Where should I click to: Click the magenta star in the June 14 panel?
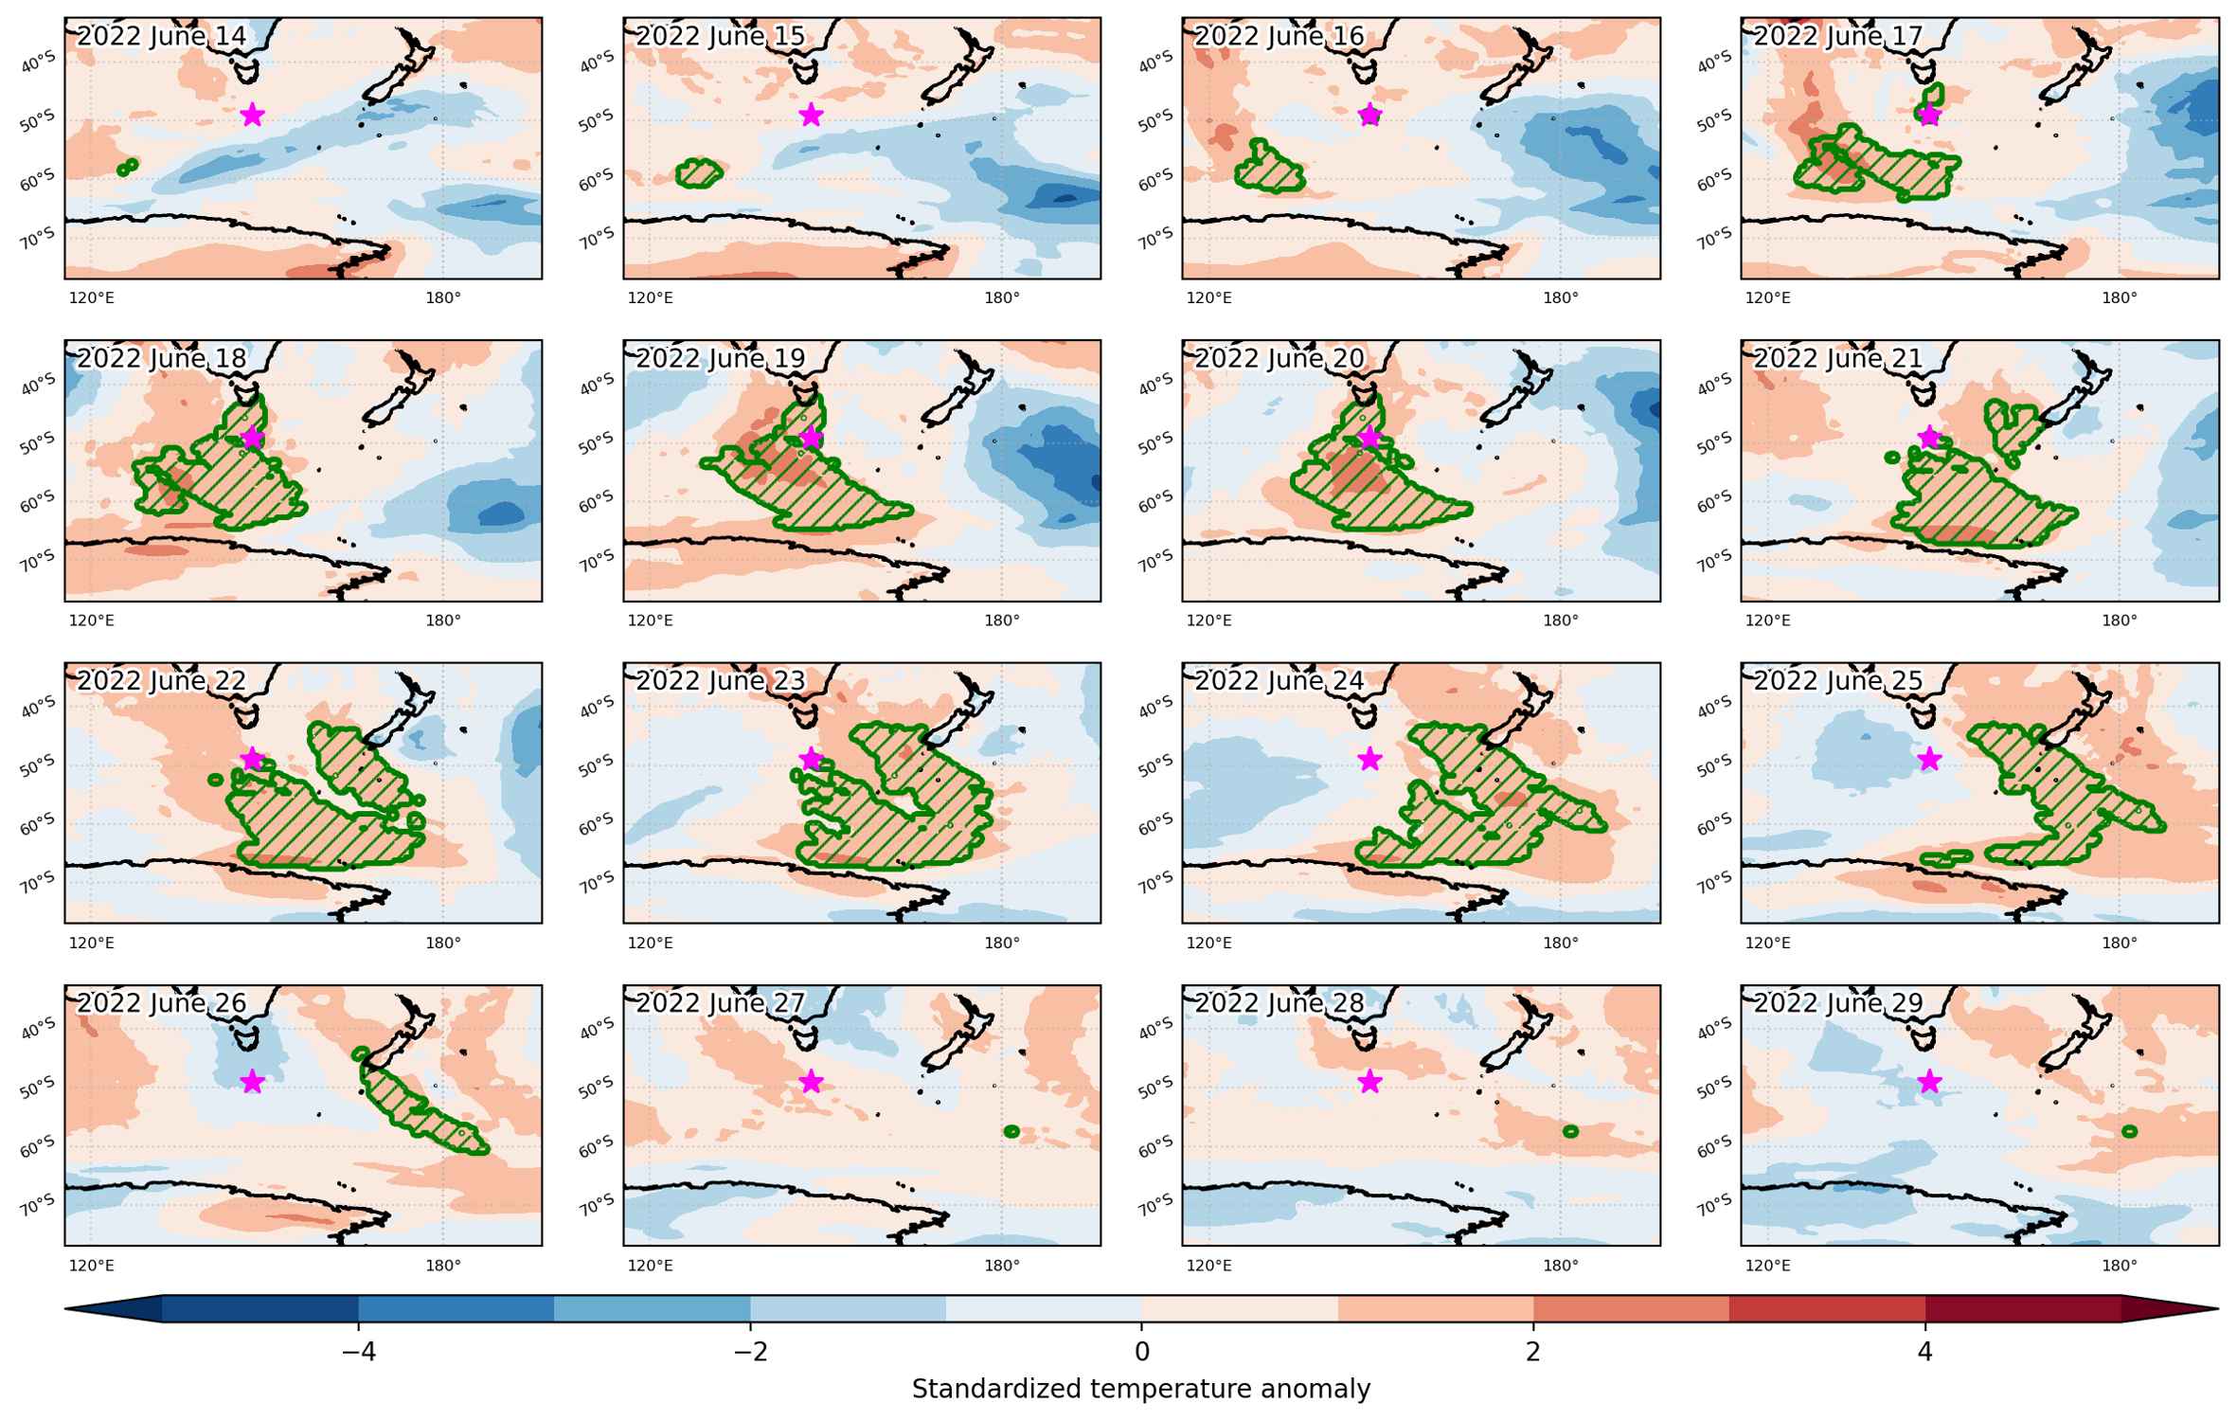[x=252, y=115]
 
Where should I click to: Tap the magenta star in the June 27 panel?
[x=811, y=1081]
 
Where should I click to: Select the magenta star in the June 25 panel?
[x=1929, y=759]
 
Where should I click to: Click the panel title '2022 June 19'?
[x=721, y=358]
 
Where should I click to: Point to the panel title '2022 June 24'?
[x=1280, y=680]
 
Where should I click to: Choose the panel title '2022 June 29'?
[x=1838, y=1002]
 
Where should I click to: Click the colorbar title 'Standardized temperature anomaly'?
[x=1141, y=1390]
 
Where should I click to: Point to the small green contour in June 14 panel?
[x=127, y=167]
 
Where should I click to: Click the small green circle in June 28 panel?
[x=1570, y=1131]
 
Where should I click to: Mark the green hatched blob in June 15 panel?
[x=700, y=172]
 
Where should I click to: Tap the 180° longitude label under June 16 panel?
[x=1561, y=298]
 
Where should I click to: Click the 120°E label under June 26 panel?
[x=92, y=1265]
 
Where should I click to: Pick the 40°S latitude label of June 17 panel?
[x=1714, y=63]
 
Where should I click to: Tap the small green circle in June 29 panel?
[x=2129, y=1131]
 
